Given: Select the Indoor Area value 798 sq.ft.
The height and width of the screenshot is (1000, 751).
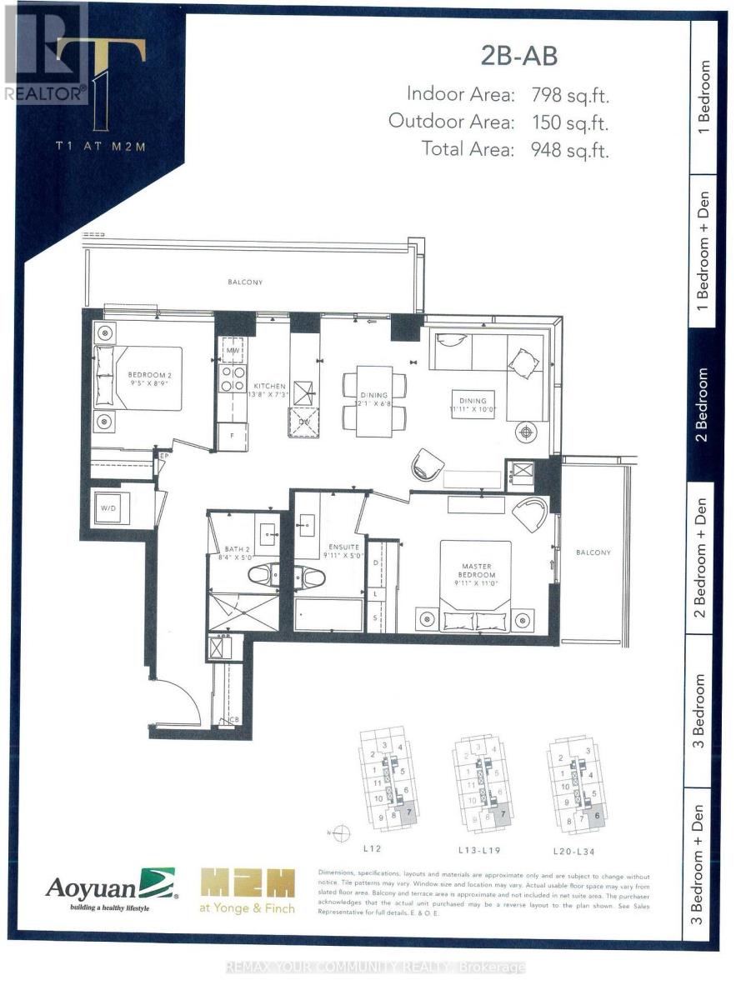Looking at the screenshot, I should [x=571, y=94].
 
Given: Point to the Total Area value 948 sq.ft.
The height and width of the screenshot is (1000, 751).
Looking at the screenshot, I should [x=571, y=150].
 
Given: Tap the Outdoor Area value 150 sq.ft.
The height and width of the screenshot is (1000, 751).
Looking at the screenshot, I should [x=571, y=122].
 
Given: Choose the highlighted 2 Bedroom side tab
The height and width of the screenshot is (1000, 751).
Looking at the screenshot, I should [x=703, y=404].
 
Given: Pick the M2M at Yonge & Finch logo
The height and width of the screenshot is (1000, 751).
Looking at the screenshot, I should [x=248, y=891].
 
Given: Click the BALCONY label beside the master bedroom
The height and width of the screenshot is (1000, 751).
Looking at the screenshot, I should [x=592, y=552].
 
